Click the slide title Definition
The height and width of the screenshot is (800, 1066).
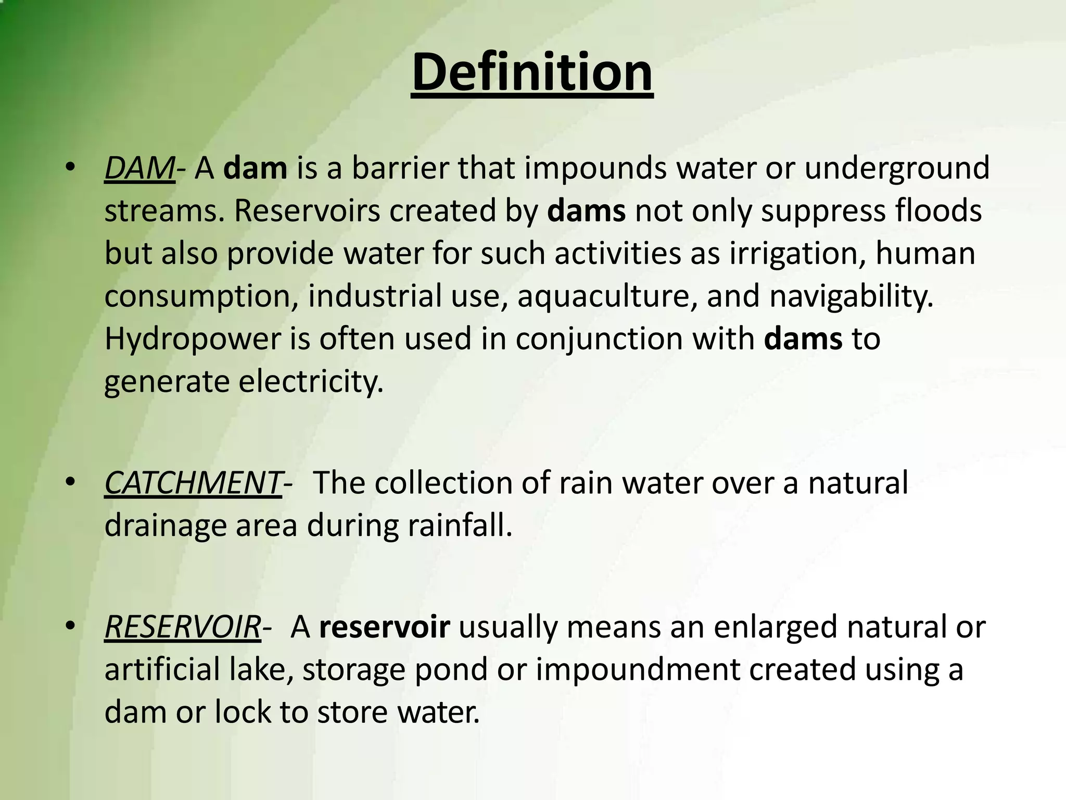[x=532, y=72]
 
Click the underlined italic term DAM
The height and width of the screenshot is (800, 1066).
[x=139, y=169]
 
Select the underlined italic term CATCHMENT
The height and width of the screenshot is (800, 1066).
[x=193, y=483]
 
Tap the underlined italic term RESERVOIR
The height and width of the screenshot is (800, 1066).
[x=182, y=627]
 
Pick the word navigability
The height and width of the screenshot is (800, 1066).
[x=852, y=296]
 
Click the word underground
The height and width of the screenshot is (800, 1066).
[x=896, y=169]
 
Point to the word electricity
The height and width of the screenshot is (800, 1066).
[x=311, y=382]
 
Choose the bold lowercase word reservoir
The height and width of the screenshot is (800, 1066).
[x=384, y=627]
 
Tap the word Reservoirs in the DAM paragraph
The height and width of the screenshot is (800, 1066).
[x=307, y=211]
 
